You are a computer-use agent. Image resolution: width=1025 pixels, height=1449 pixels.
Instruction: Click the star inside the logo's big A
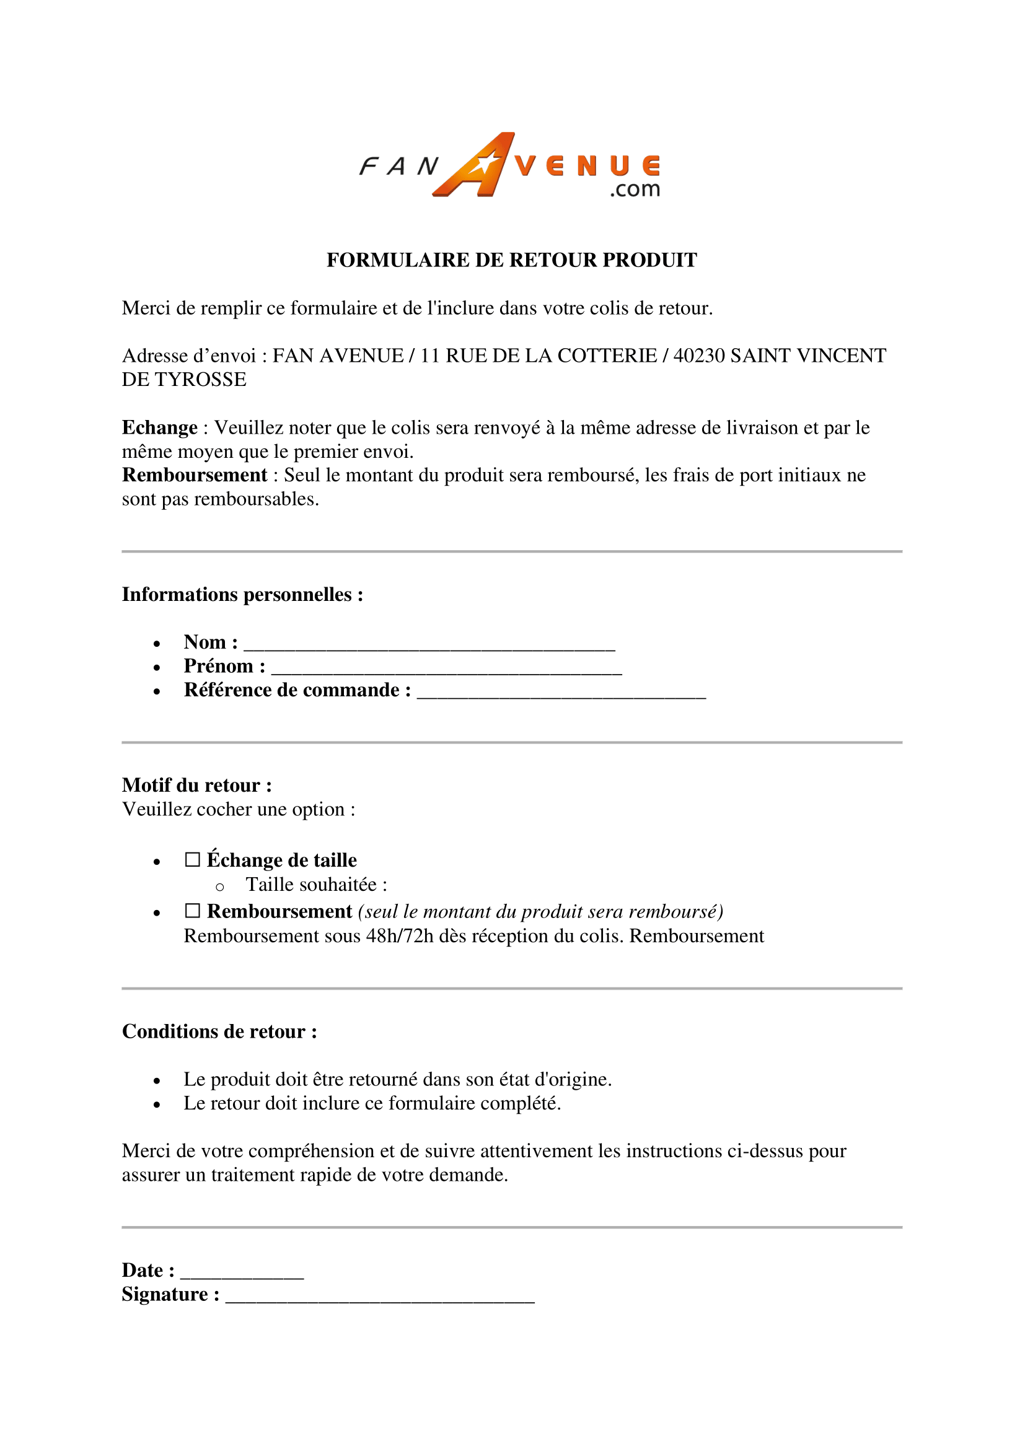[485, 165]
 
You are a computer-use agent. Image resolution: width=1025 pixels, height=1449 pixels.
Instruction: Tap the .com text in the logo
[635, 189]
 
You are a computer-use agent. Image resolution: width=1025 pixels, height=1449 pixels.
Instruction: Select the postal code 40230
[698, 356]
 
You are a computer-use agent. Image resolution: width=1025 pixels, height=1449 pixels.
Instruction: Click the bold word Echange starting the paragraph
[160, 428]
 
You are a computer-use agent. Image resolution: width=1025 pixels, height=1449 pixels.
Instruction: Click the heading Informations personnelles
[242, 595]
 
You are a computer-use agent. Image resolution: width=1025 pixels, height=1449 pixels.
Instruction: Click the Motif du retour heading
[197, 785]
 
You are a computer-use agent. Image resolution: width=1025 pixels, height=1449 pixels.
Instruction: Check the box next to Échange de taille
[193, 860]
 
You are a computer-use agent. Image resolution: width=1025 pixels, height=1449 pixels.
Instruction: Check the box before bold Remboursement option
[193, 911]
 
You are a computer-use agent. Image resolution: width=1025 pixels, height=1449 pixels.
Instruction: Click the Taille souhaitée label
[316, 885]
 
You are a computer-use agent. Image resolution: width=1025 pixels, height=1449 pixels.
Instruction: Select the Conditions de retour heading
[219, 1031]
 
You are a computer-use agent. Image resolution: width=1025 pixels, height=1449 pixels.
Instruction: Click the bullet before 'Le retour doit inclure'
[157, 1105]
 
